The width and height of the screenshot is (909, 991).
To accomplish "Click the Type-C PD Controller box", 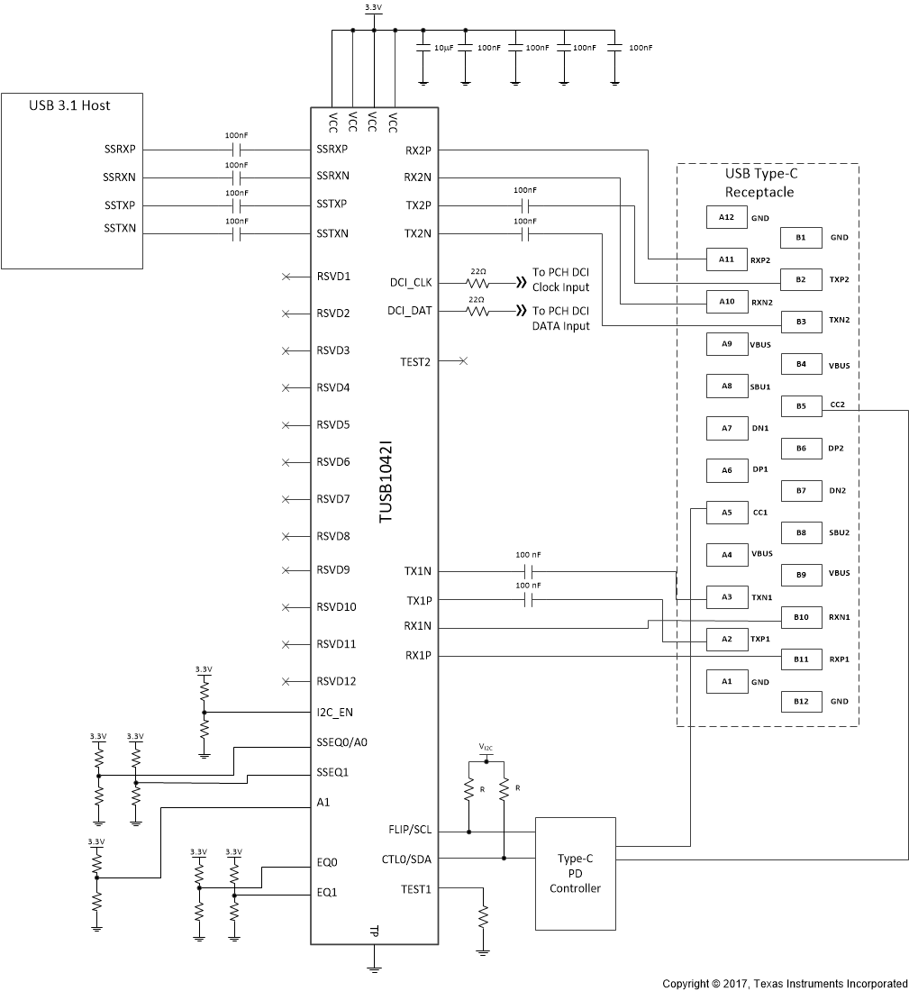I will [x=576, y=873].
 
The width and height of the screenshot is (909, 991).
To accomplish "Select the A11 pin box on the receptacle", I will [x=726, y=259].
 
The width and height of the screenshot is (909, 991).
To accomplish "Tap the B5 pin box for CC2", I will [x=801, y=405].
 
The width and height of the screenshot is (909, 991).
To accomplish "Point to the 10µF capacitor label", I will [x=443, y=47].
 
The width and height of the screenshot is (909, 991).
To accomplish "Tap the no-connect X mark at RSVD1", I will [x=286, y=276].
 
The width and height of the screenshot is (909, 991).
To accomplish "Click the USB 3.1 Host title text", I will [x=71, y=105].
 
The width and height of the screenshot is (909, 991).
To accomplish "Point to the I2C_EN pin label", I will [x=334, y=713].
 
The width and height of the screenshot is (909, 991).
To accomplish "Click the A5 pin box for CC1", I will [x=726, y=512].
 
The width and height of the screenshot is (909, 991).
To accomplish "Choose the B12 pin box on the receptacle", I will [x=801, y=700].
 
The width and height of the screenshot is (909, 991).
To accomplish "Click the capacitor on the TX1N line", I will [x=529, y=571].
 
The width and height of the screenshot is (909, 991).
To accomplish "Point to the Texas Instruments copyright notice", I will [x=785, y=983].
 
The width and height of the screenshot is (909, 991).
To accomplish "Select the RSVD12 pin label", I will [x=336, y=681].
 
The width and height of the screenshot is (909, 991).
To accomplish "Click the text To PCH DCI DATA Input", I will [x=560, y=318].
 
